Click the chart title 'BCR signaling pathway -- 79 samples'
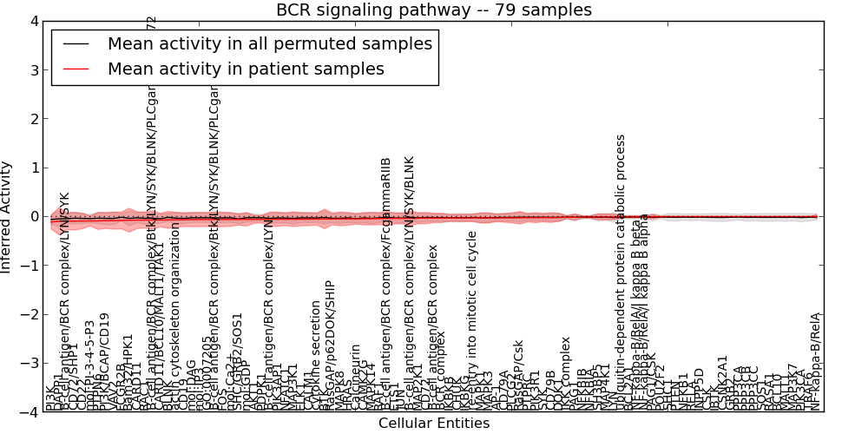(434, 10)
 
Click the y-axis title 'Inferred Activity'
(7, 217)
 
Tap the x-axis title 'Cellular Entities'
(434, 424)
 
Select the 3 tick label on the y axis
(34, 69)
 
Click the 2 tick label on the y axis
(34, 119)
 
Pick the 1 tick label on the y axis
(34, 168)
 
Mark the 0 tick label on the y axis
(34, 217)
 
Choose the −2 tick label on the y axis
(31, 314)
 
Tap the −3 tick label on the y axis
(31, 364)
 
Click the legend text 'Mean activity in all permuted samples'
(269, 43)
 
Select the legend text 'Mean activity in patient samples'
(246, 69)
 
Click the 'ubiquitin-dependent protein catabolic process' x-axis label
(621, 272)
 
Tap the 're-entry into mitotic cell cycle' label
(472, 320)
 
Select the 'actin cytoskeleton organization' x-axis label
(175, 316)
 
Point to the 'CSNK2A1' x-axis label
(723, 383)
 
